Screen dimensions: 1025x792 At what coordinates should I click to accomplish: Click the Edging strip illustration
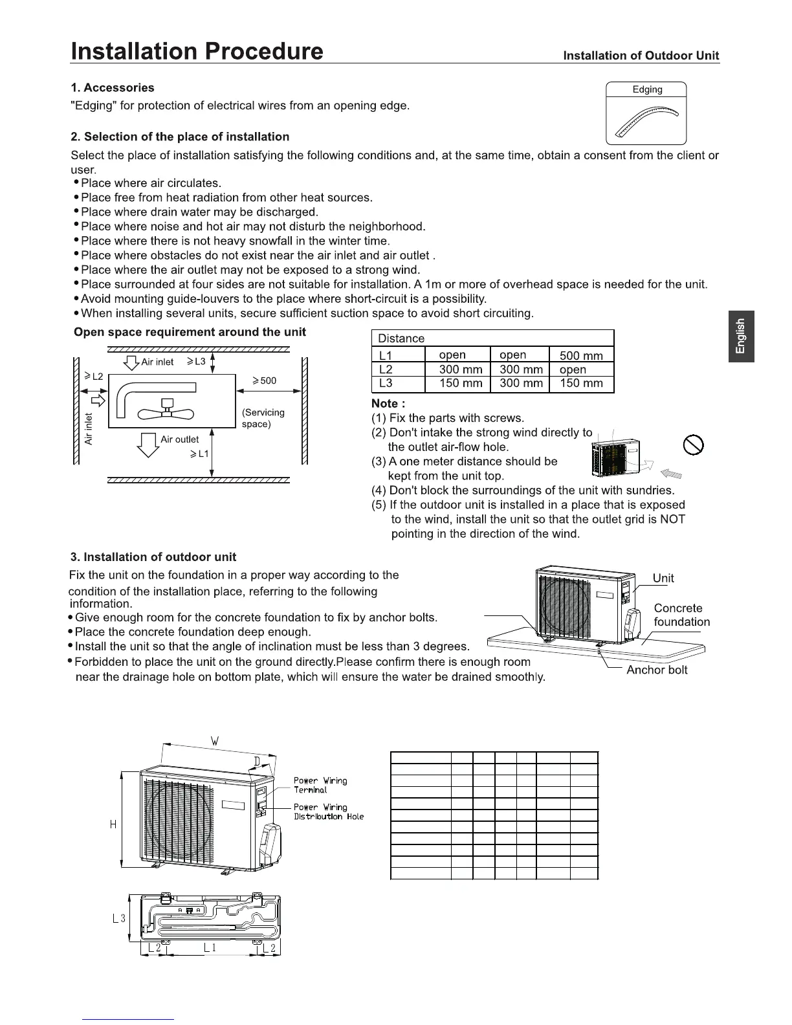pos(646,121)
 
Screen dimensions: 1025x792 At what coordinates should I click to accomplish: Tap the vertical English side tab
pos(741,336)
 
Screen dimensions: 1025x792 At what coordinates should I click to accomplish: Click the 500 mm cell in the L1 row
pos(581,355)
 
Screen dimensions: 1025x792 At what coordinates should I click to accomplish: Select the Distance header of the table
pos(401,338)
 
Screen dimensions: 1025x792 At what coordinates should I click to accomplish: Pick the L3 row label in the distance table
pos(386,383)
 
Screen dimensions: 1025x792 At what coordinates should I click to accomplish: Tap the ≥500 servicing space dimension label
pos(264,380)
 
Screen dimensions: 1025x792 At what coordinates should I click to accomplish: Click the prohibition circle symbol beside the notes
pos(693,445)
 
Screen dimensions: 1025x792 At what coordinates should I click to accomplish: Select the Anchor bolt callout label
pos(657,670)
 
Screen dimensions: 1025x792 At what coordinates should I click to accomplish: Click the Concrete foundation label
pos(681,615)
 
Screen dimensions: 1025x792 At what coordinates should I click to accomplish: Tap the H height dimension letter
pos(113,824)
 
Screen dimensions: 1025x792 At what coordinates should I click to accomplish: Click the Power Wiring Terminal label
pos(320,785)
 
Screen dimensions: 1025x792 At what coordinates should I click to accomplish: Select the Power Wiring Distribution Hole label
pos(329,811)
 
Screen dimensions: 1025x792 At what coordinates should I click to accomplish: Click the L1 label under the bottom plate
pos(210,947)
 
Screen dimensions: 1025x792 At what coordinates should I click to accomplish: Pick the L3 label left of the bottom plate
pos(119,918)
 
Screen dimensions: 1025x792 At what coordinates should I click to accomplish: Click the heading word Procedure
pos(261,50)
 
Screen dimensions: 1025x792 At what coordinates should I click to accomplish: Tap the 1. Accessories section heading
pos(113,87)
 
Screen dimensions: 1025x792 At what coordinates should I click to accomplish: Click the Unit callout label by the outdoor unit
pos(663,578)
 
